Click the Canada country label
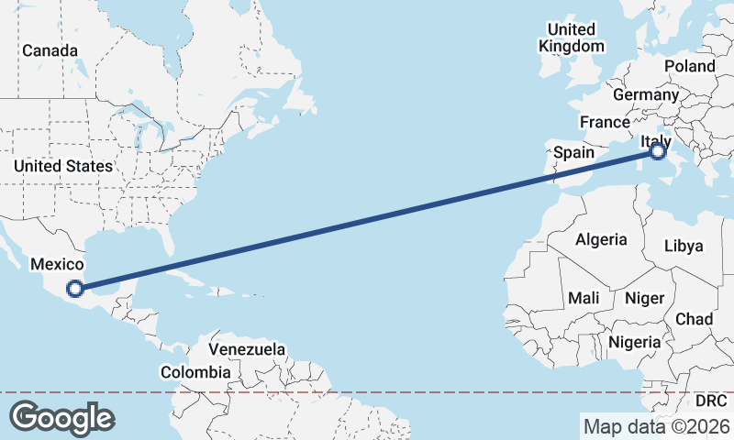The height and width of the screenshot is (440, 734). click(50, 50)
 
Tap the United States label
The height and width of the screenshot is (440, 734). click(63, 166)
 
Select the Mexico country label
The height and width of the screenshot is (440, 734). click(58, 264)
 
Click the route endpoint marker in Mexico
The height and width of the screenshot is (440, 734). click(75, 289)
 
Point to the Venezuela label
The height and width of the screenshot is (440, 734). click(247, 350)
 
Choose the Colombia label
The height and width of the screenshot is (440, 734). click(195, 372)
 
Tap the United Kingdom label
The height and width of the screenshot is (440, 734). click(572, 38)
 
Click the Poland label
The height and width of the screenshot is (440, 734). click(689, 66)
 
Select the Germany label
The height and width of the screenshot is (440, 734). click(646, 94)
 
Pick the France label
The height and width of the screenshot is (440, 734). click(605, 122)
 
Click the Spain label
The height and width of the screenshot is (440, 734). click(574, 152)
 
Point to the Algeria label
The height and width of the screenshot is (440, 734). click(601, 240)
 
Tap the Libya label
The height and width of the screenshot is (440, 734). click(684, 246)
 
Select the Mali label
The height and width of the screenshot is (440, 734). click(584, 298)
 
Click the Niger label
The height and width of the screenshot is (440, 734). click(643, 298)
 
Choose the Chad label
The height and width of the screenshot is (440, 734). click(694, 318)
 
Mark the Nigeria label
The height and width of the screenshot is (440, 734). click(635, 342)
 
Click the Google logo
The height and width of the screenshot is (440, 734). click(61, 417)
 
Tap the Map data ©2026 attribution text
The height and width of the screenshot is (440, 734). click(657, 426)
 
